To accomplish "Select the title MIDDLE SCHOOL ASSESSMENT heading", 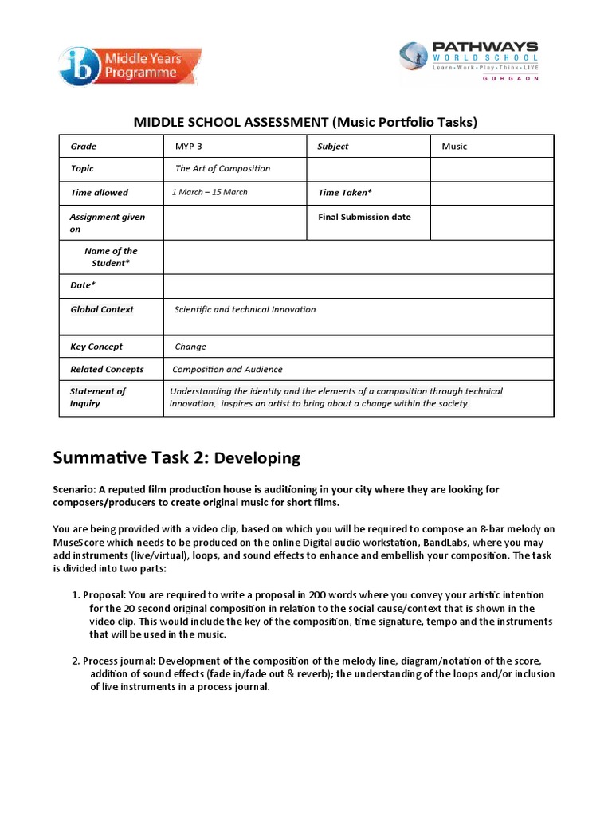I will (305, 122).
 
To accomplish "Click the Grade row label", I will (84, 147).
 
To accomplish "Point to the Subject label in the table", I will (333, 147).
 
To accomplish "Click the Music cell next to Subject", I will (454, 147).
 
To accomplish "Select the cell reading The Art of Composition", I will (222, 168).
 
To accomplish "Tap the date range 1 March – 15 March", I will (210, 192).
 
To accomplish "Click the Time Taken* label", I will (345, 192).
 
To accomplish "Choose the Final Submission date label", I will (364, 217).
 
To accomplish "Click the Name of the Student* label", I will (111, 257).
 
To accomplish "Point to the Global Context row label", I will (102, 309).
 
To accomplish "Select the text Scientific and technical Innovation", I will (245, 309).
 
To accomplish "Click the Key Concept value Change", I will (190, 347).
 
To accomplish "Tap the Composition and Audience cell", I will (227, 369).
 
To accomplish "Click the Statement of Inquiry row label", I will (97, 397).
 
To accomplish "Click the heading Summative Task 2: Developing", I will (177, 457).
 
